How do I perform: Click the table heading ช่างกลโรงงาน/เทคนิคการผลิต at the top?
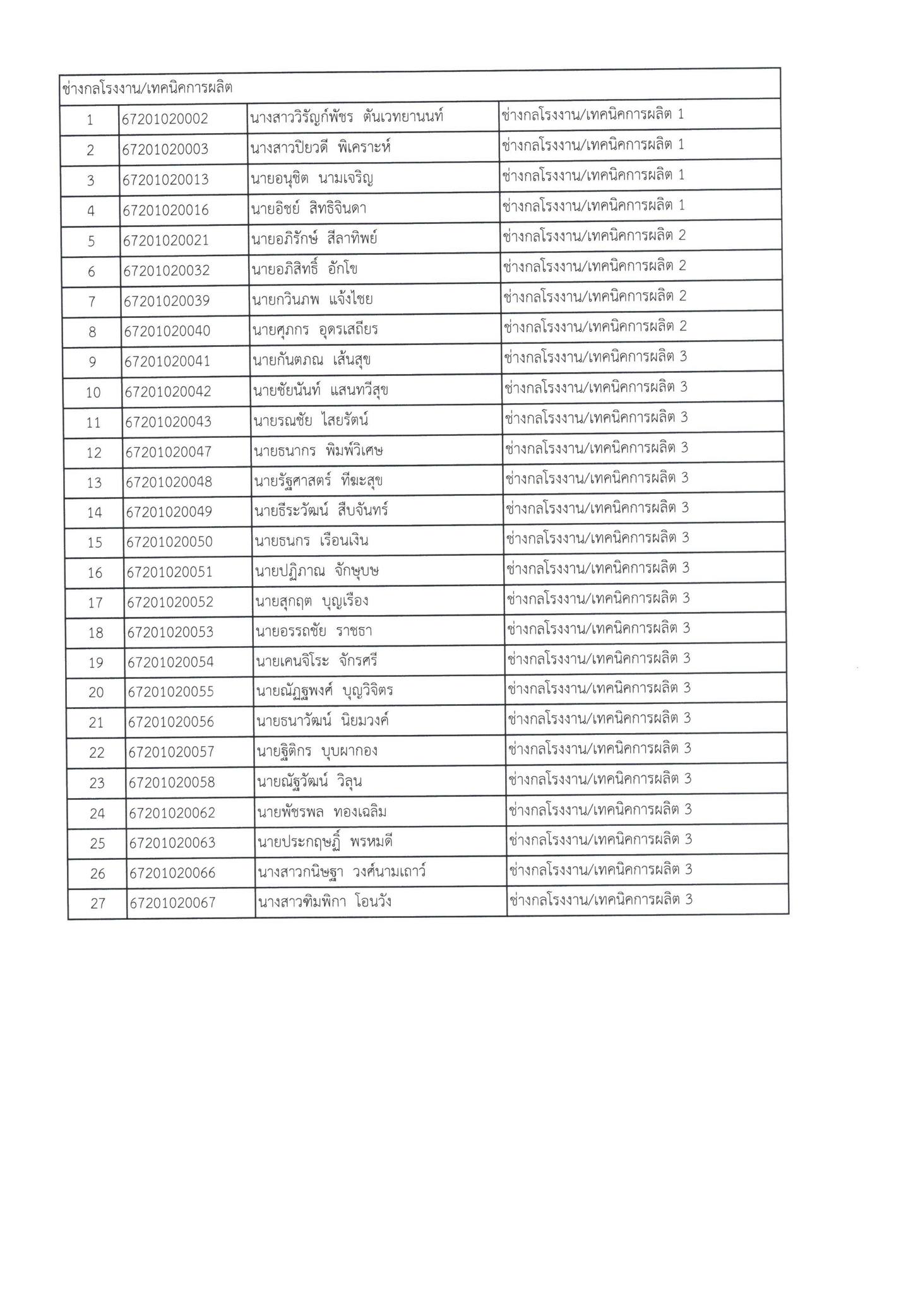pyautogui.click(x=147, y=88)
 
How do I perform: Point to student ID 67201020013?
pyautogui.click(x=165, y=179)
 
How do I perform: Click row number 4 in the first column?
pyautogui.click(x=91, y=210)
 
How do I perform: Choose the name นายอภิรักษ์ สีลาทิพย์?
pyautogui.click(x=314, y=240)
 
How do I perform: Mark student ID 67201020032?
pyautogui.click(x=166, y=270)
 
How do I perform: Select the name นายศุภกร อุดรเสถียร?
pyautogui.click(x=314, y=330)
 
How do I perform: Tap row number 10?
pyautogui.click(x=93, y=392)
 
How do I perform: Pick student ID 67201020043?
pyautogui.click(x=167, y=421)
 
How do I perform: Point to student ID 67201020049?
pyautogui.click(x=169, y=512)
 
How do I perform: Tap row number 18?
pyautogui.click(x=96, y=632)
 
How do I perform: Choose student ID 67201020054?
pyautogui.click(x=170, y=662)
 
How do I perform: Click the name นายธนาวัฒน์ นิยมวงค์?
pyautogui.click(x=322, y=720)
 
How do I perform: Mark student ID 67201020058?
pyautogui.click(x=172, y=782)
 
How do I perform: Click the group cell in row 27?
pyautogui.click(x=600, y=900)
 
